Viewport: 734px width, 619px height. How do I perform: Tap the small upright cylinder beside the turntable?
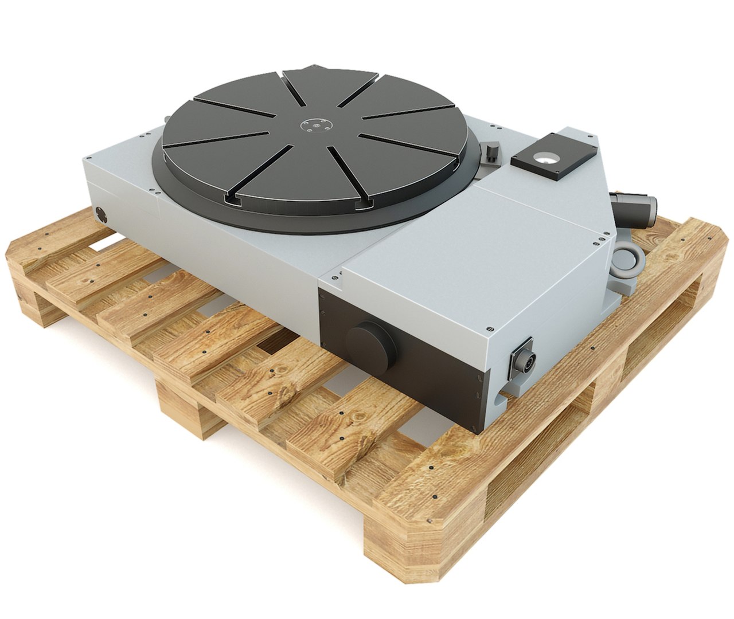[x=491, y=153]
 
